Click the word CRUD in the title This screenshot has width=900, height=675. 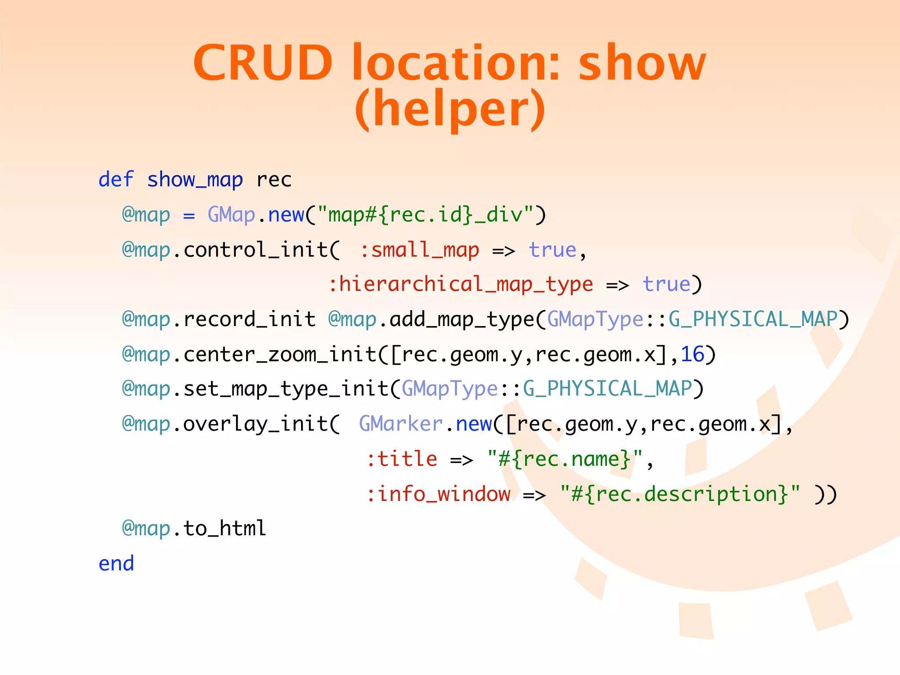pyautogui.click(x=263, y=63)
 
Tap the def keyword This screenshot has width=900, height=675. pyautogui.click(x=116, y=180)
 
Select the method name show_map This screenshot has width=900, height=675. pyautogui.click(x=195, y=180)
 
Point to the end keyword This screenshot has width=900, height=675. pyautogui.click(x=116, y=563)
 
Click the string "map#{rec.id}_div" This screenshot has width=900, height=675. pyautogui.click(x=425, y=215)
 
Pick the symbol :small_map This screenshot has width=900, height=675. pyautogui.click(x=420, y=250)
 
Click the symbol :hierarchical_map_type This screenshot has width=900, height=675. pyautogui.click(x=461, y=284)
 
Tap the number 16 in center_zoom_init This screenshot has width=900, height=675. pyautogui.click(x=693, y=354)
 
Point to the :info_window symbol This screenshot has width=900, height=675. pyautogui.click(x=439, y=494)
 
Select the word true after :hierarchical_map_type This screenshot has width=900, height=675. pyautogui.click(x=667, y=284)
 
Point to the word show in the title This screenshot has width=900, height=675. pyautogui.click(x=642, y=63)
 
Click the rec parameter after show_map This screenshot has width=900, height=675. pyautogui.click(x=274, y=180)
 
